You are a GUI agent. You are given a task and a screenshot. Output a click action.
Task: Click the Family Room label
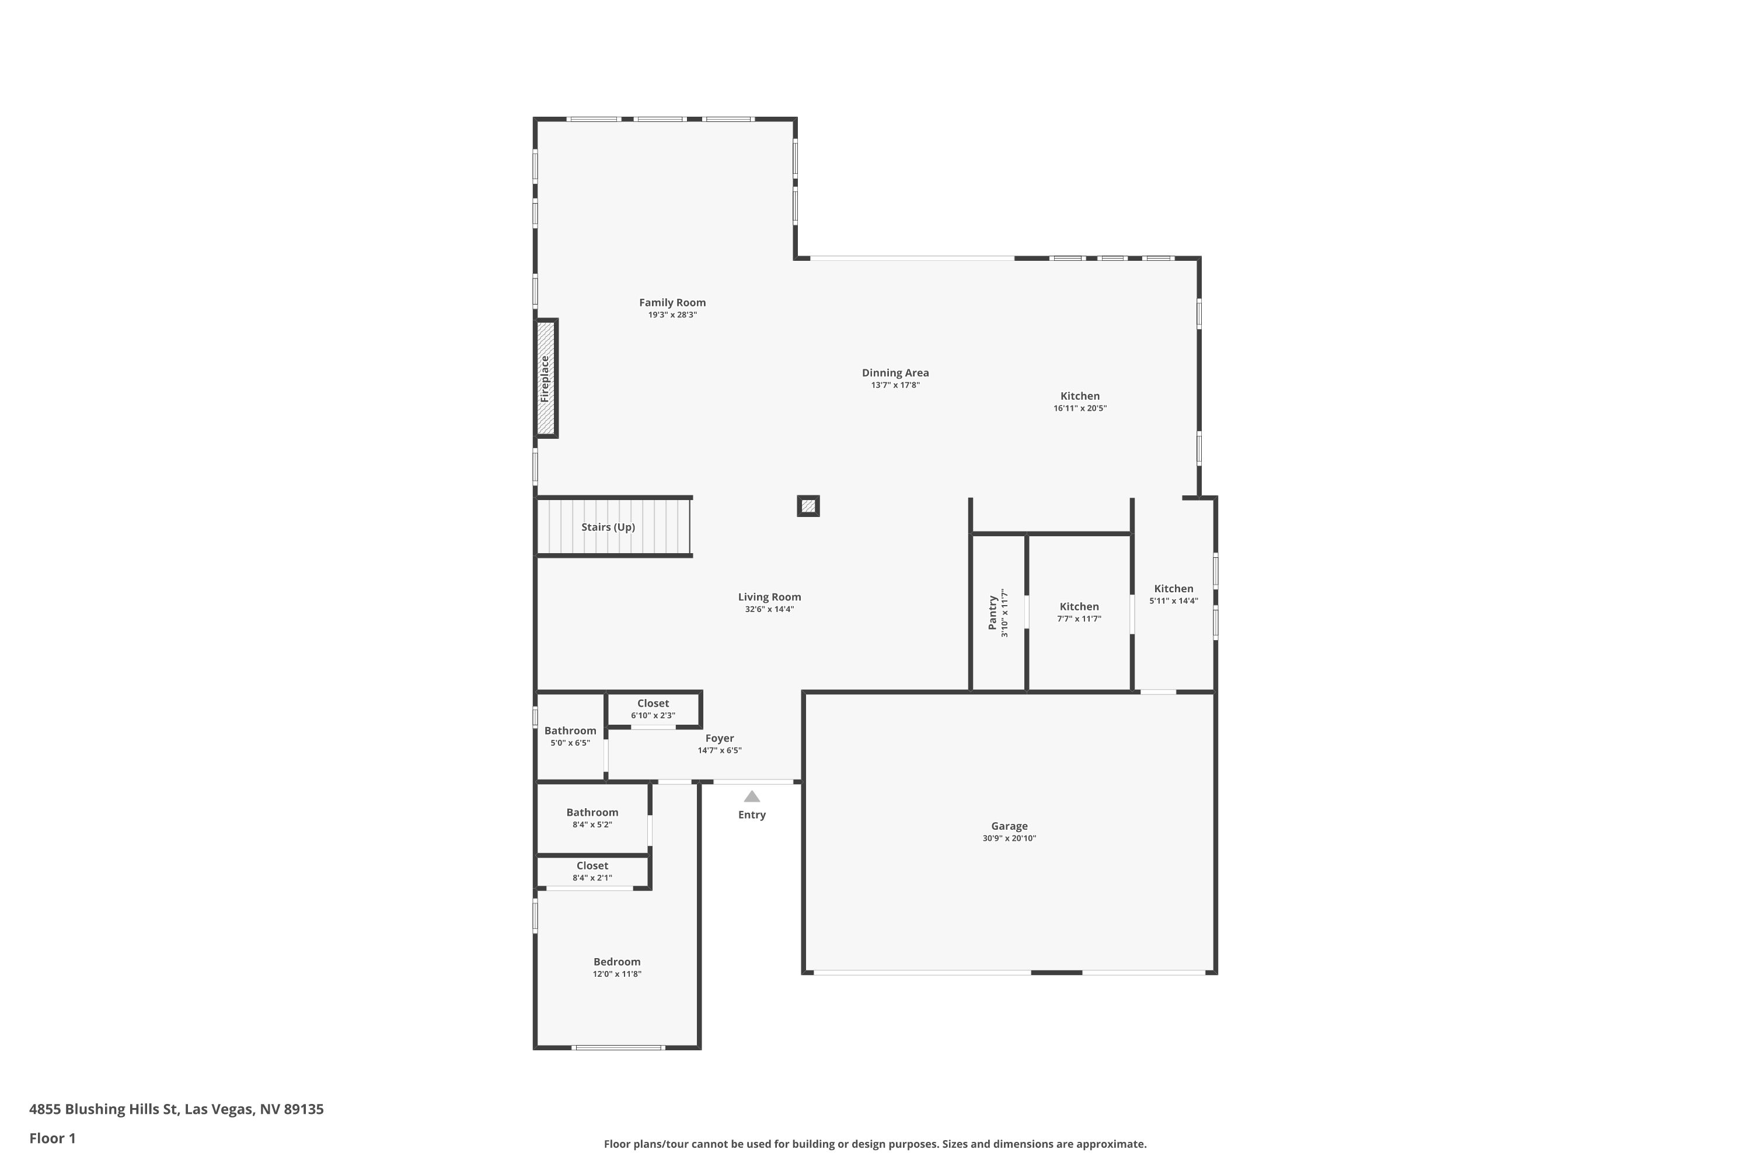672,303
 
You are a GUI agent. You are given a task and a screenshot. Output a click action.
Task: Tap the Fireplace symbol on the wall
546,379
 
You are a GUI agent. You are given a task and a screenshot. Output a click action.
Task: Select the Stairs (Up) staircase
613,527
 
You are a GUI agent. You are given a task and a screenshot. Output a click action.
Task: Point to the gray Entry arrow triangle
752,796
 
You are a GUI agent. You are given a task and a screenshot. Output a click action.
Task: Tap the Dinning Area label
895,373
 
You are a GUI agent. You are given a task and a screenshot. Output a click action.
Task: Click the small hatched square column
808,506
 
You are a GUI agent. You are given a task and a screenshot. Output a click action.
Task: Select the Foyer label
720,738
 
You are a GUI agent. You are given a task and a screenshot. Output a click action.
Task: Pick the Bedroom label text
617,962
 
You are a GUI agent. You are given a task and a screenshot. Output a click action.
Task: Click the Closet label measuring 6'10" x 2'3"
653,703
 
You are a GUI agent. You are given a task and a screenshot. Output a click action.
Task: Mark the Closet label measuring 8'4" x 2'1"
592,865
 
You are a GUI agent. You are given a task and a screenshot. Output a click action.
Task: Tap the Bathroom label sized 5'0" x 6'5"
570,731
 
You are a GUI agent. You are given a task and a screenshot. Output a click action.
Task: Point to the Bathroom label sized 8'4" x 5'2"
592,813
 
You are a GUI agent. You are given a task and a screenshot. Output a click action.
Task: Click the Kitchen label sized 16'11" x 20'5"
1080,396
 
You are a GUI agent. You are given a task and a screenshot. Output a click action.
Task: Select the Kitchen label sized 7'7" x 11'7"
1079,607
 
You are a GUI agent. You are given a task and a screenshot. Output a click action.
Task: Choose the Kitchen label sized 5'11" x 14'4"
1174,589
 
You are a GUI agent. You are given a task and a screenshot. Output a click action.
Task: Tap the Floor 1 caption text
53,1138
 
